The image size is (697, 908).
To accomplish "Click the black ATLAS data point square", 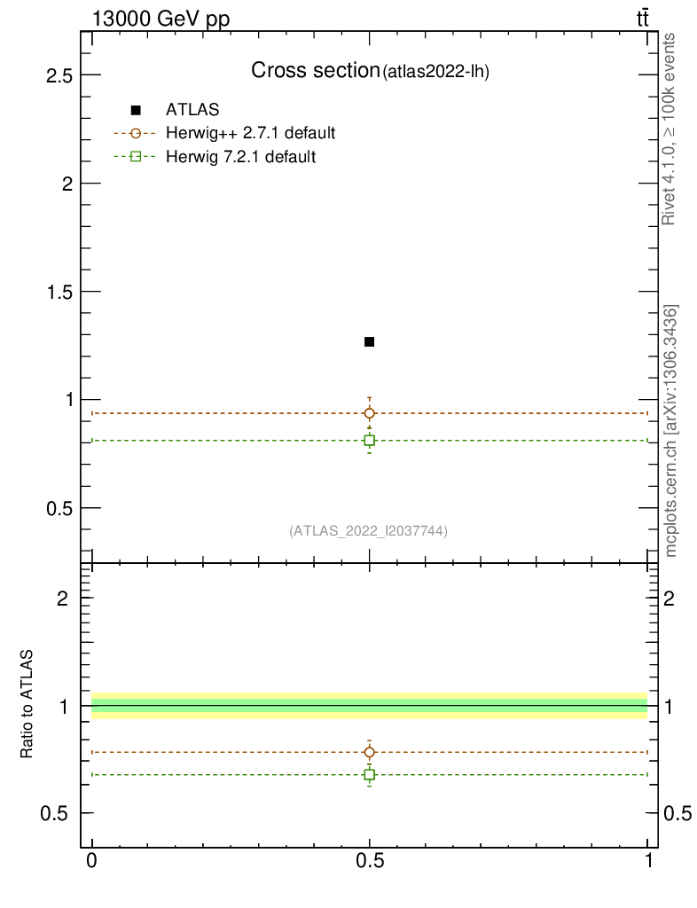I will pos(369,341).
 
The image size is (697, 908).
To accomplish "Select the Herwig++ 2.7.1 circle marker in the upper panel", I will pos(369,413).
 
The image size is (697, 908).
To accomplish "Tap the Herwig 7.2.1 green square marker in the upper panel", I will pos(369,441).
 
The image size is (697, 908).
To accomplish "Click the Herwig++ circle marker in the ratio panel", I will pos(369,752).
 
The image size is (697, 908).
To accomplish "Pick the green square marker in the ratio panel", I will pos(369,775).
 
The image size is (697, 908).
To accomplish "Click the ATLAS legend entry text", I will pos(192,110).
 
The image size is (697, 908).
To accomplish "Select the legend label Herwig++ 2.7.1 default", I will pos(250,134).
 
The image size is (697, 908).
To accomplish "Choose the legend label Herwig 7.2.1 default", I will pos(241,157).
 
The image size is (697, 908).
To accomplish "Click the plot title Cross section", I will pos(315,70).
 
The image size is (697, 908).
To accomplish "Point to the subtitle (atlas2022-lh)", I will pos(435,72).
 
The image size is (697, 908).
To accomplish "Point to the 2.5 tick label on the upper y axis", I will pos(59,75).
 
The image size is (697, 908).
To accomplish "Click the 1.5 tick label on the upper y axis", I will pos(59,292).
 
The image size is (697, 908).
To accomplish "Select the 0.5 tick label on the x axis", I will pos(369,861).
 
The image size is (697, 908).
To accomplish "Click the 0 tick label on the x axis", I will pos(91,861).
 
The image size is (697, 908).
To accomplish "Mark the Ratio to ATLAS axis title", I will pos(27,705).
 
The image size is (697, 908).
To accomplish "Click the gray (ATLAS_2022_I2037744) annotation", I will pos(368,531).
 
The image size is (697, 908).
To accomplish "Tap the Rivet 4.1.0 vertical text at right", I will pos(670,129).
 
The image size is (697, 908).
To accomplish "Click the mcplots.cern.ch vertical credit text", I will pos(671,431).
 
